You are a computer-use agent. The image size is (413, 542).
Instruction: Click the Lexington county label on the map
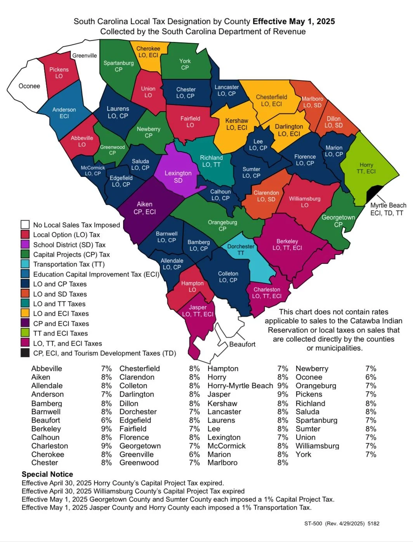point(178,173)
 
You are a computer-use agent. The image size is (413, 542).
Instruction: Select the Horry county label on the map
point(366,165)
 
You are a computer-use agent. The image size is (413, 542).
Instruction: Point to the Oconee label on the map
point(29,86)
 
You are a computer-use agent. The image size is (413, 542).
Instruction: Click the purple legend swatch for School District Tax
point(25,244)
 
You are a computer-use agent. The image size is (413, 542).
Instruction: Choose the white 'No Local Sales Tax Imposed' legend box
point(25,225)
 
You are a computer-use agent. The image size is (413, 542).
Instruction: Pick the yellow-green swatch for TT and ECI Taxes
point(25,333)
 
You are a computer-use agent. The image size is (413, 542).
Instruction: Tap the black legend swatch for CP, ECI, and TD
point(25,353)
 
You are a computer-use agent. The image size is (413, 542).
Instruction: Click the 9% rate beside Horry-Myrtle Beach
point(283,386)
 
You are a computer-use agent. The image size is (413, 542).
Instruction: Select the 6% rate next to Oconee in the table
point(371,377)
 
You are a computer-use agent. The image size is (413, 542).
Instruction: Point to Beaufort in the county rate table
point(46,420)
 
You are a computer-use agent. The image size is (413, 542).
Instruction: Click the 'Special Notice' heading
point(47,474)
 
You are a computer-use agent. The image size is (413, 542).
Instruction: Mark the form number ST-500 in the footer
point(313,523)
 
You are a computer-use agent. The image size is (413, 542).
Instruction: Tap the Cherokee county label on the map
point(148,49)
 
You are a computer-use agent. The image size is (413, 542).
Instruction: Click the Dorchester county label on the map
point(241,246)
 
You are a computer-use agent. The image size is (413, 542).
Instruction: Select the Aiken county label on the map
point(144,204)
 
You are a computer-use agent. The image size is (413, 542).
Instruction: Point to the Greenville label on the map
point(85,56)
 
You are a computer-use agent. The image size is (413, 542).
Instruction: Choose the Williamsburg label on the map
point(305,199)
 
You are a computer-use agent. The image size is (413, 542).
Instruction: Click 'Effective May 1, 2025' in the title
point(294,21)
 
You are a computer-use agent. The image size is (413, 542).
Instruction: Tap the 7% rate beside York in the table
point(371,454)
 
